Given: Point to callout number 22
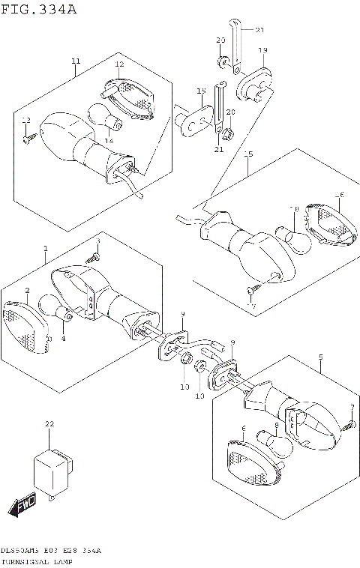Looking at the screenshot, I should pyautogui.click(x=49, y=424).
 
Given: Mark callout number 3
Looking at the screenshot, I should pyautogui.click(x=97, y=241).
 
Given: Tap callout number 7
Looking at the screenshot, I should pyautogui.click(x=352, y=407).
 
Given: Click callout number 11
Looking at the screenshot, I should pyautogui.click(x=76, y=61).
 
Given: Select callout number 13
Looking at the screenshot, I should pyautogui.click(x=25, y=121).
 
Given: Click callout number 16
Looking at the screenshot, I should pyautogui.click(x=339, y=196).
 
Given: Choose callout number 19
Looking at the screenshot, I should pyautogui.click(x=262, y=50).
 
